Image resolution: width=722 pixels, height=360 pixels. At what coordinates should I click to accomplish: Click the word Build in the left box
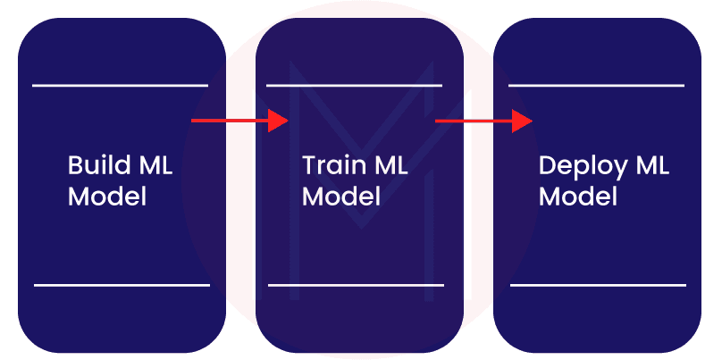pos(96,166)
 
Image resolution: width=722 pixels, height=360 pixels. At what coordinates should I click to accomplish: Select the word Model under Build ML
pos(107,196)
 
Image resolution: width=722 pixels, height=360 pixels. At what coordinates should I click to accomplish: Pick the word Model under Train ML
pos(341,196)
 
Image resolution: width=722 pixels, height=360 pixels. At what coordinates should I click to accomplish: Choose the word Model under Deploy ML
pos(578,196)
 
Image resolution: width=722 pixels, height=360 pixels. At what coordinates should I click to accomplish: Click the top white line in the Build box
pos(120,86)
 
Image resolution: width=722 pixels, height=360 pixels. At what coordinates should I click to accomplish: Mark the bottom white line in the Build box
pos(121,285)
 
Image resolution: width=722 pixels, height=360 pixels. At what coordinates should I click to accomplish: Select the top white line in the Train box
pos(354,86)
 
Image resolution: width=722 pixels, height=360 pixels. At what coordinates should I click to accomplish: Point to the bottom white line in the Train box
pos(356,285)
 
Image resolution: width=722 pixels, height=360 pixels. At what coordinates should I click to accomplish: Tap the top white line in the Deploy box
pos(596,86)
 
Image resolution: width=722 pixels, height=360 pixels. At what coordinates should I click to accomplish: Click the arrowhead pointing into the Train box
pos(279,120)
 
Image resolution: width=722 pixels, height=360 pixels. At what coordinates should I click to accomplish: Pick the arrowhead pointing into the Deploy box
pos(522,120)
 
